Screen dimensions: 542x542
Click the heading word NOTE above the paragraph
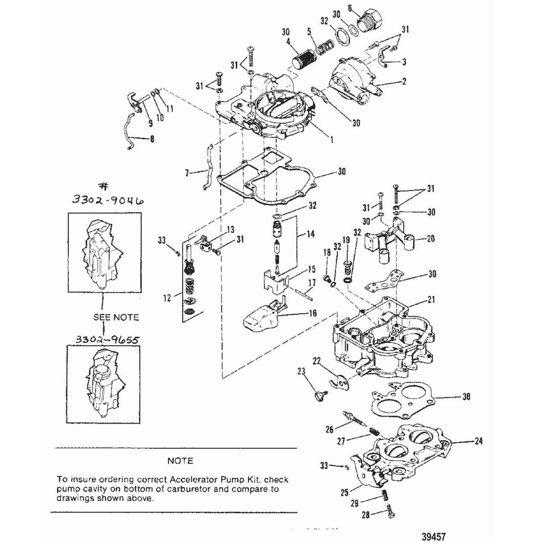[180, 461]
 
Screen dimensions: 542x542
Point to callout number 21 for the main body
[430, 299]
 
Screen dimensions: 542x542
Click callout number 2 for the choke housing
[404, 82]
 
